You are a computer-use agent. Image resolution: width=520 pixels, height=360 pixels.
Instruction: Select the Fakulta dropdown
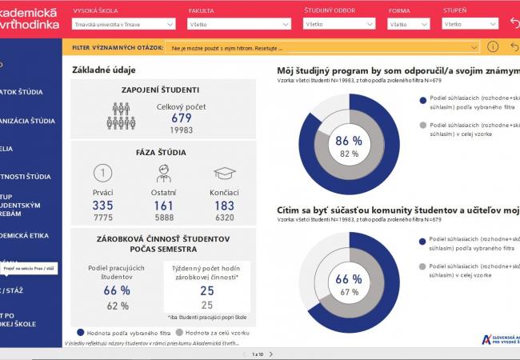[x=237, y=25]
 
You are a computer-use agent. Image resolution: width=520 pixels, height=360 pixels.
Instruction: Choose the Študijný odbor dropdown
[x=340, y=25]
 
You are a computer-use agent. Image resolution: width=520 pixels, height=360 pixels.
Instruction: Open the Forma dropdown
[x=408, y=25]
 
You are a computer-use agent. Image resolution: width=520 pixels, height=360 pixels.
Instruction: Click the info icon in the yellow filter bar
[x=493, y=47]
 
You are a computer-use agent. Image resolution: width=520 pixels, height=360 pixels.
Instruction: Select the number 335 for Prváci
[x=102, y=206]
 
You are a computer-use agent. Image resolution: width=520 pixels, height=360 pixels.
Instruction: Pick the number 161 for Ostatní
[x=162, y=206]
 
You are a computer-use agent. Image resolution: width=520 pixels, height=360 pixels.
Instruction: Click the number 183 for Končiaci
[x=224, y=206]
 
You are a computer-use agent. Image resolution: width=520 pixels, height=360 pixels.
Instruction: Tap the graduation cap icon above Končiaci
[x=224, y=174]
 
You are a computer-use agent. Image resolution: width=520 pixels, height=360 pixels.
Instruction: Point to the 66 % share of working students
[x=117, y=290]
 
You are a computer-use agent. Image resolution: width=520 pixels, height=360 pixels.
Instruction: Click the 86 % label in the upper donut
[x=348, y=140]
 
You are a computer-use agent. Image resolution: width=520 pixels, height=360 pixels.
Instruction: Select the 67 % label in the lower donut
[x=348, y=292]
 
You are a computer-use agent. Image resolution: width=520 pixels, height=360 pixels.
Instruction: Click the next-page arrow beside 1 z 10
[x=271, y=354]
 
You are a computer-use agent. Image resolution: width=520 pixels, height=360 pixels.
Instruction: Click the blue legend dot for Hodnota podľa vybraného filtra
[x=80, y=331]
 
